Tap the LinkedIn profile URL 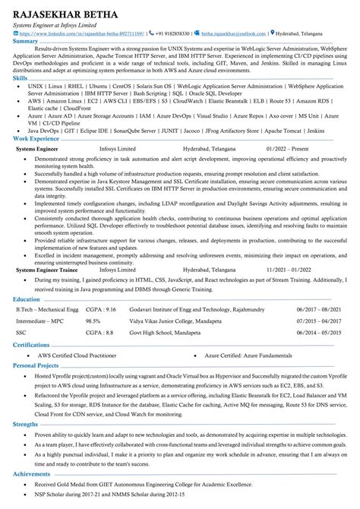coord(80,33)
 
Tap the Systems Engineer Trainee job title coord(48,270)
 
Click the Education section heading coord(27,300)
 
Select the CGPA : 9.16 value coord(100,310)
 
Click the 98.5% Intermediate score coord(93,321)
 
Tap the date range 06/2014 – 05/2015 coord(318,332)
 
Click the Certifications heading coord(31,343)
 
